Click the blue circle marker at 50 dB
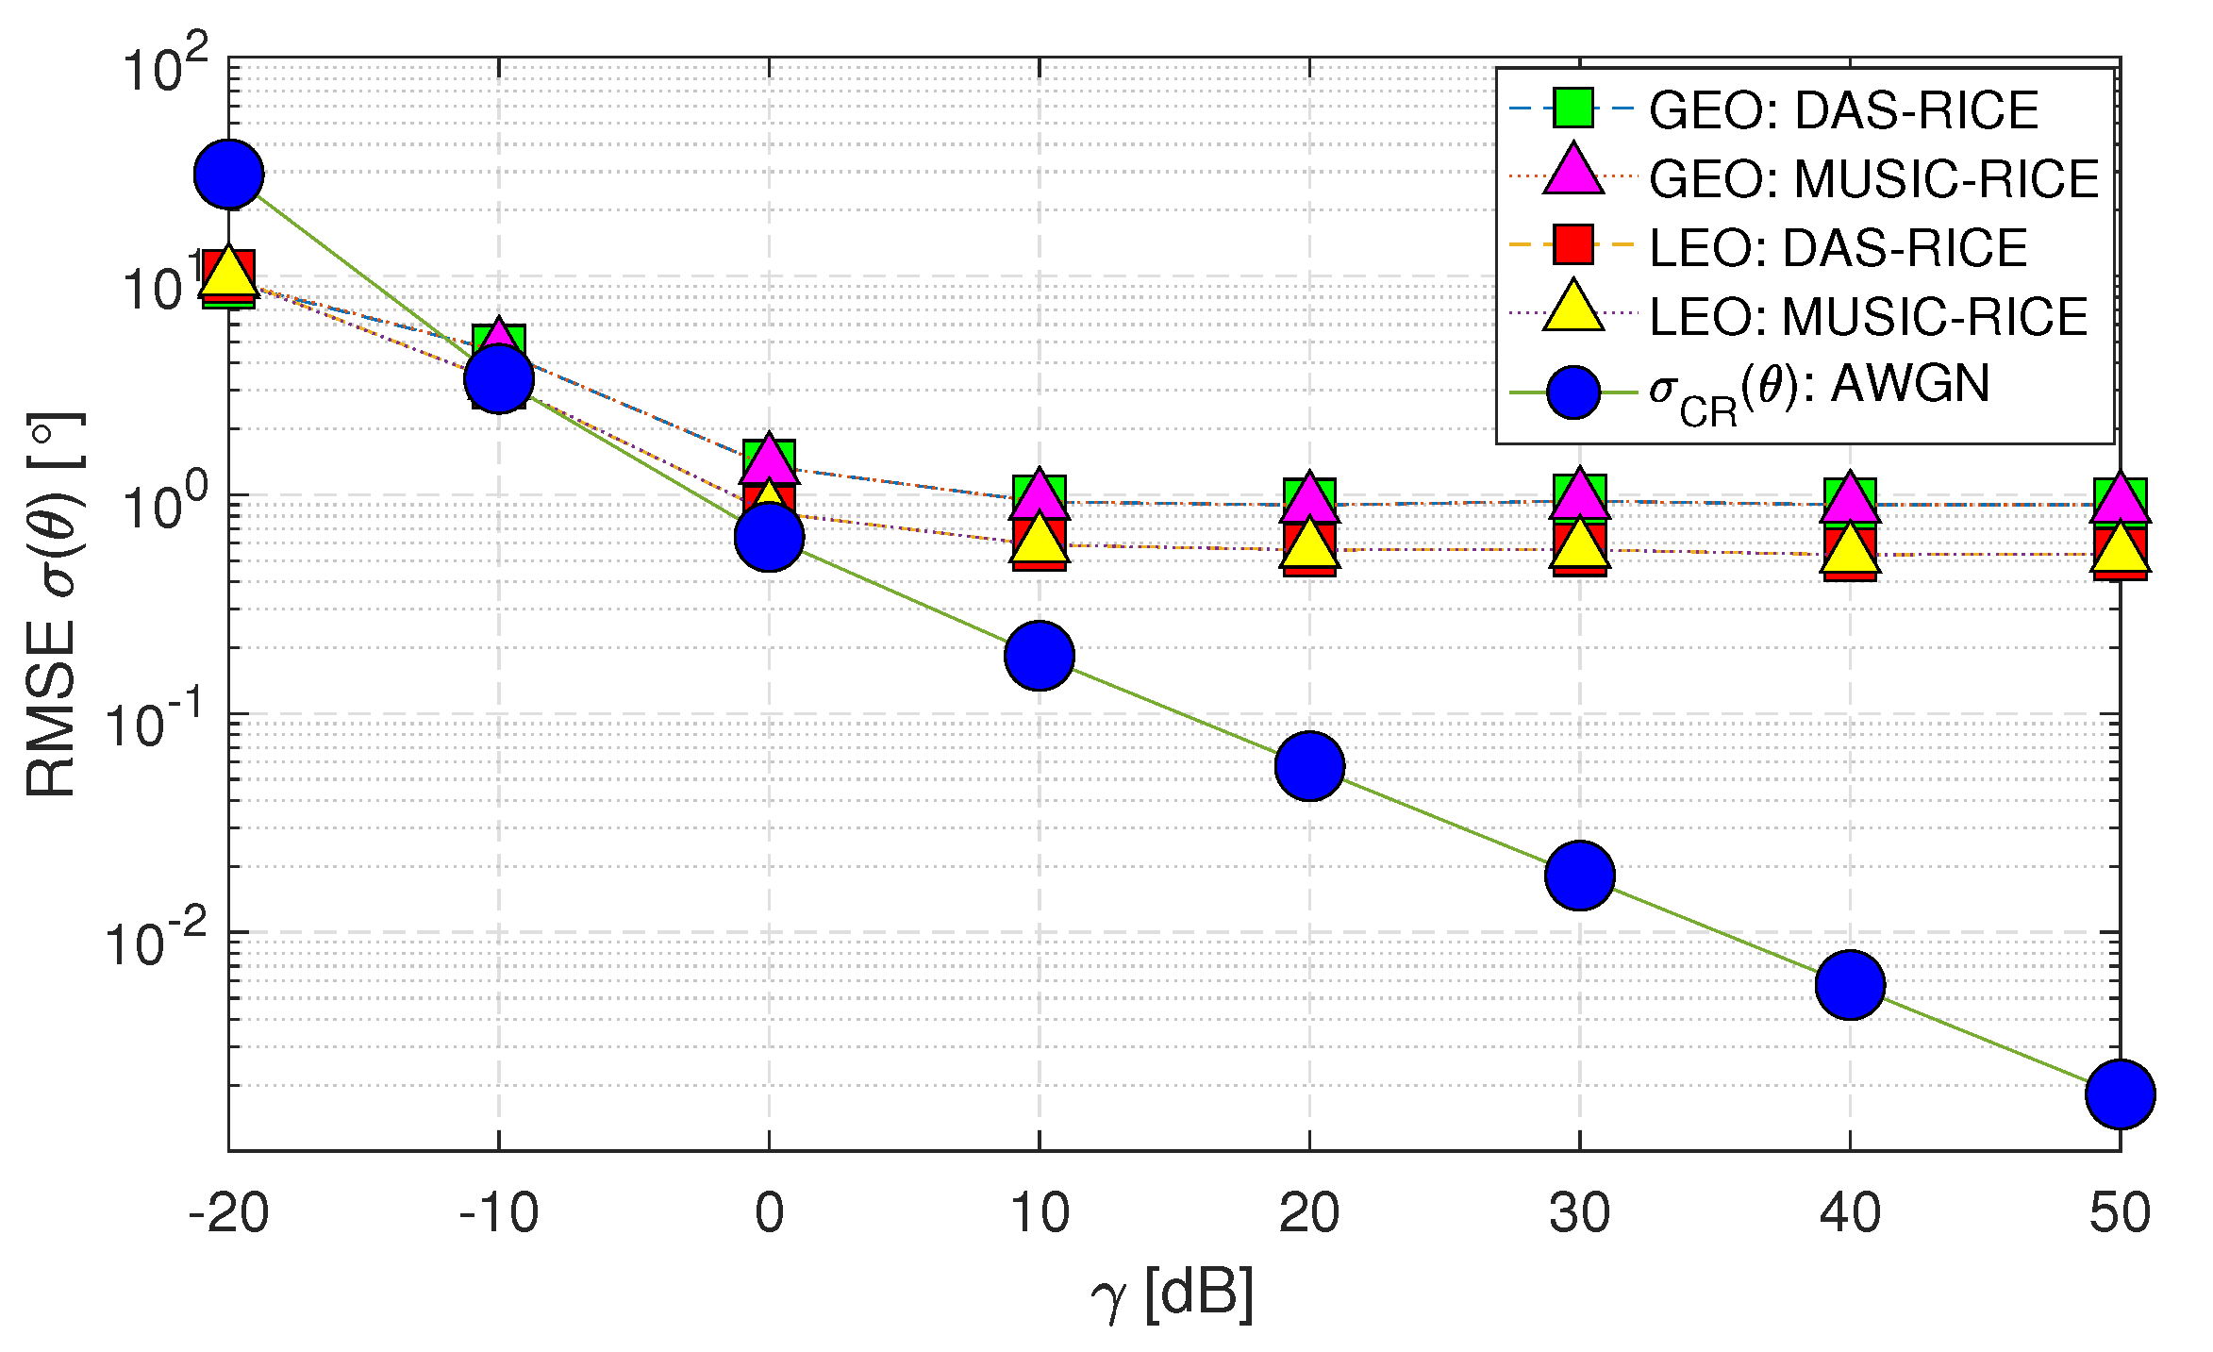tap(2120, 1093)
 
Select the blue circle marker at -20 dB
tap(229, 175)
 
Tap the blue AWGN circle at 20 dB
tap(1309, 765)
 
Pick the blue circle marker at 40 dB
tap(1850, 985)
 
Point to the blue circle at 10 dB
tap(1040, 655)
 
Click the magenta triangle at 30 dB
tap(1580, 494)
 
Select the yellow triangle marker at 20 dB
tap(1309, 544)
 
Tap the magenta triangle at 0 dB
tap(770, 459)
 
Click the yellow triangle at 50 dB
tap(2120, 550)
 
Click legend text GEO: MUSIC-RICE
tap(1872, 178)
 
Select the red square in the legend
tap(1573, 244)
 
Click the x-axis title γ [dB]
tap(1173, 1294)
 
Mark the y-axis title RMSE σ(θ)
tap(53, 604)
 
